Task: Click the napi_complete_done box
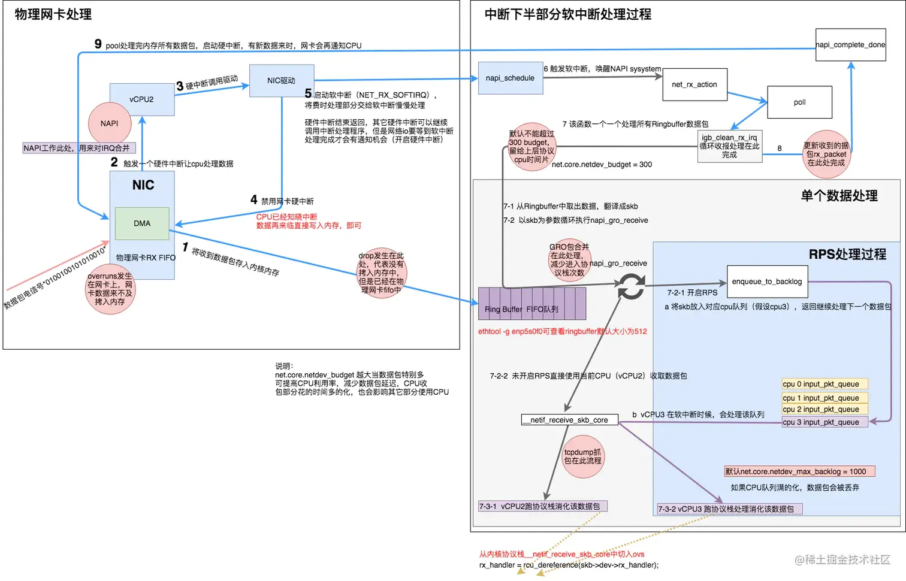click(x=850, y=45)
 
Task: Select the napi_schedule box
click(x=511, y=78)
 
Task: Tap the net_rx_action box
click(x=694, y=84)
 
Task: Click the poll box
click(x=799, y=102)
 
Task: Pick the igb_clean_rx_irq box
click(x=729, y=146)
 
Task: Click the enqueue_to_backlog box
click(x=767, y=282)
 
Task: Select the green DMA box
click(x=142, y=223)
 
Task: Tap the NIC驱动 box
click(x=282, y=81)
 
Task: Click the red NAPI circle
click(x=110, y=123)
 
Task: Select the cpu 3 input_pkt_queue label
click(x=825, y=422)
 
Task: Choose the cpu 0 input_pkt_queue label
click(x=825, y=384)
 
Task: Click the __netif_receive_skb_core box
click(x=569, y=420)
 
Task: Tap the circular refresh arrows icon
click(x=632, y=286)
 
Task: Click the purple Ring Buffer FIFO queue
click(x=531, y=304)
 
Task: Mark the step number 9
click(x=98, y=44)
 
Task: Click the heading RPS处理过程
click(x=847, y=255)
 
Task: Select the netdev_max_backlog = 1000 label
click(x=799, y=471)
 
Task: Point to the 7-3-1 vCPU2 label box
click(x=542, y=506)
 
